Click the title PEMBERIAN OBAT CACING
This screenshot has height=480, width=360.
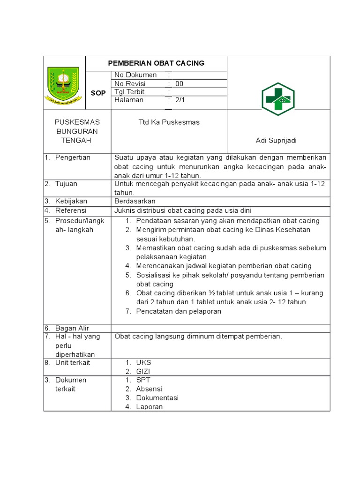coord(156,63)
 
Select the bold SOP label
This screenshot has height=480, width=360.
coord(98,93)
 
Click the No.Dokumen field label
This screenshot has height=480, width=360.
coord(133,75)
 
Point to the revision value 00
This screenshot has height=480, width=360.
coord(180,83)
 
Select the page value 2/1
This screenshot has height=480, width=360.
coord(180,100)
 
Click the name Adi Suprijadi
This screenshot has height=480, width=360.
coord(276,141)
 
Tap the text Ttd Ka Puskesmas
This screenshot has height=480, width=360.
coord(169,122)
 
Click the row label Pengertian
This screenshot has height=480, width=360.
coord(73,157)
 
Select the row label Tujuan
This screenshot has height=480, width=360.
coord(66,184)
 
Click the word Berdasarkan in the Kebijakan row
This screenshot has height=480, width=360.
coord(135,201)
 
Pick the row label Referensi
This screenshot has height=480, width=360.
coord(71,210)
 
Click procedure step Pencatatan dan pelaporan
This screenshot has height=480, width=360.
coord(178,311)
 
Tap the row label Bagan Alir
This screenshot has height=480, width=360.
coord(72,328)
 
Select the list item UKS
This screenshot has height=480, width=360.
coord(143,362)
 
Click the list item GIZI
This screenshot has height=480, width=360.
coord(143,371)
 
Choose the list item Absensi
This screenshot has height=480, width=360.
coord(149,389)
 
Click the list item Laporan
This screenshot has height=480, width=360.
coord(149,406)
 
